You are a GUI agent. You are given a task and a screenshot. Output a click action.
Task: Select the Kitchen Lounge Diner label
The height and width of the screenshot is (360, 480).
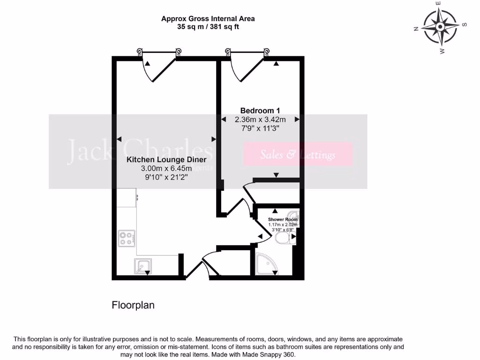166,160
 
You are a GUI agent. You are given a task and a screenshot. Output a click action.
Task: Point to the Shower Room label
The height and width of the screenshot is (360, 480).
283,219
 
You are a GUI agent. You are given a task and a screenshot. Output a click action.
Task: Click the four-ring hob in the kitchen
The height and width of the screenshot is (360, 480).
126,238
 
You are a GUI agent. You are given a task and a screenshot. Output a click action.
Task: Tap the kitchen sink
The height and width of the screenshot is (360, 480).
142,266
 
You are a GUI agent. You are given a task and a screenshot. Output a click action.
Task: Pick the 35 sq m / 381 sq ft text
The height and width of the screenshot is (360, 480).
208,27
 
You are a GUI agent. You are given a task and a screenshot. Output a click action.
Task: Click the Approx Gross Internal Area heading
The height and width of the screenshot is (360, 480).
208,19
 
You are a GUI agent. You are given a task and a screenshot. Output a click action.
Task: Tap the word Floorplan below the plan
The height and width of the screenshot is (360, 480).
133,305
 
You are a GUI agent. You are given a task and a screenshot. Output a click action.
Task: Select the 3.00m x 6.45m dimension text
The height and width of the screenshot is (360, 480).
166,169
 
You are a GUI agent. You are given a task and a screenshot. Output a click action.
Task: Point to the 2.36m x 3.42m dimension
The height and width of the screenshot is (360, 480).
260,120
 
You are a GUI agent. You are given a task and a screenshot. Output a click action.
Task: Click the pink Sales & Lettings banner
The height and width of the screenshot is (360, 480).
298,155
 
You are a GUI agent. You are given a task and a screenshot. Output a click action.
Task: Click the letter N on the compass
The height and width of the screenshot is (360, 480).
415,29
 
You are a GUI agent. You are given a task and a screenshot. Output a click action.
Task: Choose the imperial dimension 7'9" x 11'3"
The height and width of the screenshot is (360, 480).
260,128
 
